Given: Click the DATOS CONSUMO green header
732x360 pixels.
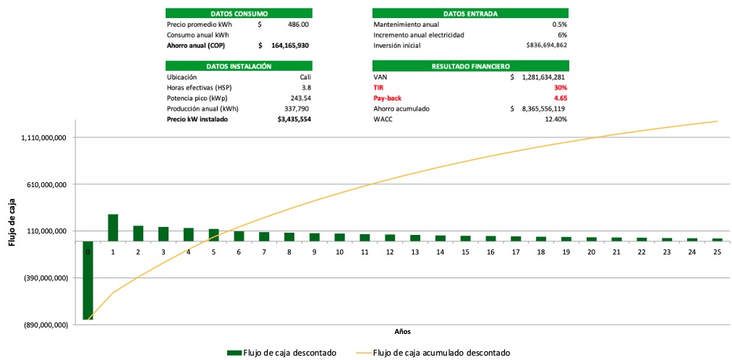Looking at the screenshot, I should point(239,14).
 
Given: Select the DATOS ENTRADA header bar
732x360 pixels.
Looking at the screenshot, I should point(470,14).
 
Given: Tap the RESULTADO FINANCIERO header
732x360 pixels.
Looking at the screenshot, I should point(470,66).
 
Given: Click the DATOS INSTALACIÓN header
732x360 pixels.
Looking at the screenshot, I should point(239,66).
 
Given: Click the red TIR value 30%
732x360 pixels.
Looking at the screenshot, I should point(560,87).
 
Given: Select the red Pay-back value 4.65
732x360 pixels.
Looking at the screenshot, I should point(560,98).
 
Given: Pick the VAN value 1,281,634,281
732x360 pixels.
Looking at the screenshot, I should point(539,77).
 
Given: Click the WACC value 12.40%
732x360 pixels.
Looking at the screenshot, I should point(555,119).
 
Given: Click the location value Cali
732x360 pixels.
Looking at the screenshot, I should point(305,77).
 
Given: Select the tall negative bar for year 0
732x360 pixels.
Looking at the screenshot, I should point(88,280).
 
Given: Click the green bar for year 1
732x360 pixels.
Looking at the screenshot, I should point(113,228).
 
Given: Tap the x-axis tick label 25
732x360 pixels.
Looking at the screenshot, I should point(717,252).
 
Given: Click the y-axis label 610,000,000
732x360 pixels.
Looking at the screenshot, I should point(41,184).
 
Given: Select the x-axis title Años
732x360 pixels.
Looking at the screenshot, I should point(402,332).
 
